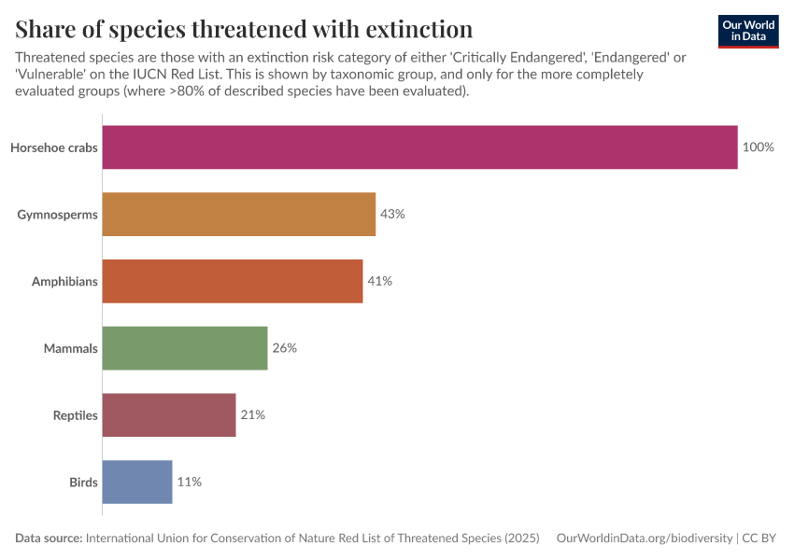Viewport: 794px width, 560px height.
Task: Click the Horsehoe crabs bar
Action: click(x=419, y=147)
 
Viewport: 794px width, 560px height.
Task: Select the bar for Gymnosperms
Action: click(x=238, y=215)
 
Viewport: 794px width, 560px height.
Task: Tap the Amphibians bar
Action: click(x=232, y=281)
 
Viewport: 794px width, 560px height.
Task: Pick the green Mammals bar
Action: click(x=185, y=348)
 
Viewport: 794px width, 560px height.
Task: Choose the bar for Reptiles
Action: click(x=169, y=415)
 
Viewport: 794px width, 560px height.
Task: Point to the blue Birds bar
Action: click(x=137, y=483)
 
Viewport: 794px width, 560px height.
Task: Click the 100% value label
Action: click(x=758, y=147)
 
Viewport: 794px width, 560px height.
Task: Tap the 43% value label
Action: click(x=392, y=215)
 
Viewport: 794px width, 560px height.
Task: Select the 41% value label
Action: click(x=379, y=281)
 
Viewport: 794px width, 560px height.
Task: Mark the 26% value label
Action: click(x=284, y=348)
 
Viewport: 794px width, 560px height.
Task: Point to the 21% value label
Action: click(x=252, y=415)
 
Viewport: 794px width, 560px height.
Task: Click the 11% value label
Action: click(x=190, y=483)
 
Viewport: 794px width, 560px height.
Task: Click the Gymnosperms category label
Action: click(x=57, y=215)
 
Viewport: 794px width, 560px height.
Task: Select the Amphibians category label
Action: click(x=64, y=281)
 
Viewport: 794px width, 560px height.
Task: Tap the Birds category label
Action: click(x=83, y=483)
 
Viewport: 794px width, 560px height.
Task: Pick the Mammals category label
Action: click(x=71, y=348)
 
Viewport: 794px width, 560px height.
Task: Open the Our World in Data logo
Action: click(x=747, y=31)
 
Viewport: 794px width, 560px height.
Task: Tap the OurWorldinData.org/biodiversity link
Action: click(x=644, y=539)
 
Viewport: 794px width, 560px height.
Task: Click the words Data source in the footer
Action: click(x=49, y=539)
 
